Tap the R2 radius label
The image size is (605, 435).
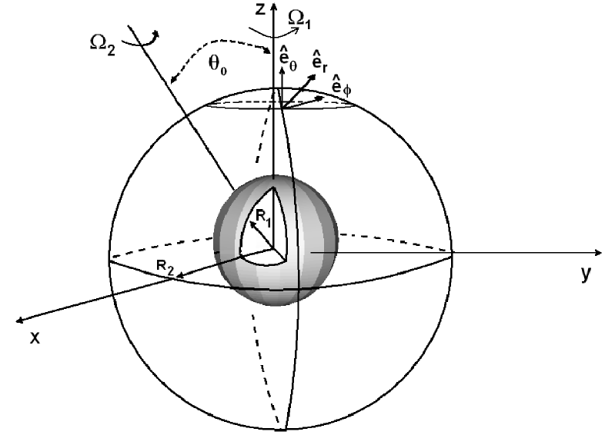163,266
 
